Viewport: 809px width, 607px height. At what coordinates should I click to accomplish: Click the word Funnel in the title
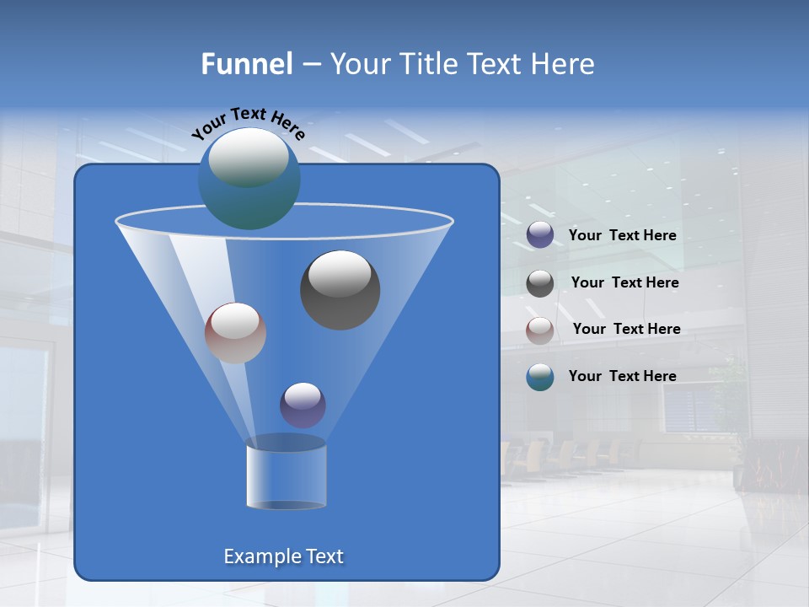246,63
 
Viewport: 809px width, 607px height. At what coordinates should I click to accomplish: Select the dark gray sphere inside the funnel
340,290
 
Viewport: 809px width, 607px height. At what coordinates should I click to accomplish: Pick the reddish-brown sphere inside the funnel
235,333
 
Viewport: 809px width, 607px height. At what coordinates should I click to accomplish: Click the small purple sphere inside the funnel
303,405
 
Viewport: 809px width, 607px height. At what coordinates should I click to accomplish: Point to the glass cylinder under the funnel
286,476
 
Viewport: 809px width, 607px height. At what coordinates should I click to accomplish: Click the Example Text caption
283,556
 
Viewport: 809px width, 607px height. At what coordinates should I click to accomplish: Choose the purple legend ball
540,235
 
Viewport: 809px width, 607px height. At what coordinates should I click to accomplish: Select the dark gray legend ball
540,282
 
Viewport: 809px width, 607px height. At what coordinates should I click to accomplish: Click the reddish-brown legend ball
540,330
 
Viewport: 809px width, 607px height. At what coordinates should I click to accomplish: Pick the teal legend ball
540,377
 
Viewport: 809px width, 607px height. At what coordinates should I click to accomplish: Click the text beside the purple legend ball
622,235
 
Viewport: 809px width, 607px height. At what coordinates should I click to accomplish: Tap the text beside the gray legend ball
624,282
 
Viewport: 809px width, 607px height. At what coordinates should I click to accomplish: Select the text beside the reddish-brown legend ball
626,329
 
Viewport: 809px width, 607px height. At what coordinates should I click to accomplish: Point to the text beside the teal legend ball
622,376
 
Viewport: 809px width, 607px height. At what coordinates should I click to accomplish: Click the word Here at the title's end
563,63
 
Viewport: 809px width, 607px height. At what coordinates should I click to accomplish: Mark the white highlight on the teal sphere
248,157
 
